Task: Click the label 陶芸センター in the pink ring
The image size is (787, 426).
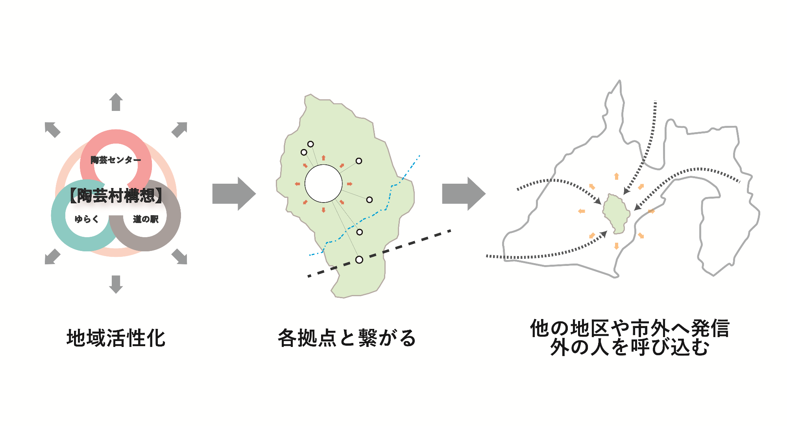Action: (x=116, y=160)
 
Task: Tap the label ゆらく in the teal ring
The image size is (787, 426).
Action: (x=87, y=219)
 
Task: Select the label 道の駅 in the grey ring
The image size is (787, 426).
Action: (x=146, y=219)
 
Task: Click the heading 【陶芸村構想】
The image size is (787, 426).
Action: (x=116, y=195)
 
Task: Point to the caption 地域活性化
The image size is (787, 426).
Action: (x=116, y=338)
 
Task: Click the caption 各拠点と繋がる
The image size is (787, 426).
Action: (x=347, y=338)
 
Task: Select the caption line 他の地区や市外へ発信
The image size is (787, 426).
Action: (x=630, y=328)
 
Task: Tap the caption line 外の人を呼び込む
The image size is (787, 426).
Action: (x=630, y=347)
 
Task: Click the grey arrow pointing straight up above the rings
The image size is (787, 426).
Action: (x=116, y=102)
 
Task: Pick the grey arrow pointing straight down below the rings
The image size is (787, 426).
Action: (x=116, y=284)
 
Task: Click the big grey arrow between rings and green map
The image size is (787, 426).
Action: (x=234, y=194)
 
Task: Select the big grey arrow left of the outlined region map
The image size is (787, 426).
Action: (x=464, y=194)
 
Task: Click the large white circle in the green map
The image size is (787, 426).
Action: (x=323, y=184)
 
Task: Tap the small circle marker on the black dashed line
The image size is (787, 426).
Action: (x=359, y=260)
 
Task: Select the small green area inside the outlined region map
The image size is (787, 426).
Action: (x=616, y=212)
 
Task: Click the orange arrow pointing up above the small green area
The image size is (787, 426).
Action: (x=617, y=176)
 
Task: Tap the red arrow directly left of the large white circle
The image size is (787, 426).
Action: (x=297, y=184)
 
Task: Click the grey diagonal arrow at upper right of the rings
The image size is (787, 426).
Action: (x=179, y=129)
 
